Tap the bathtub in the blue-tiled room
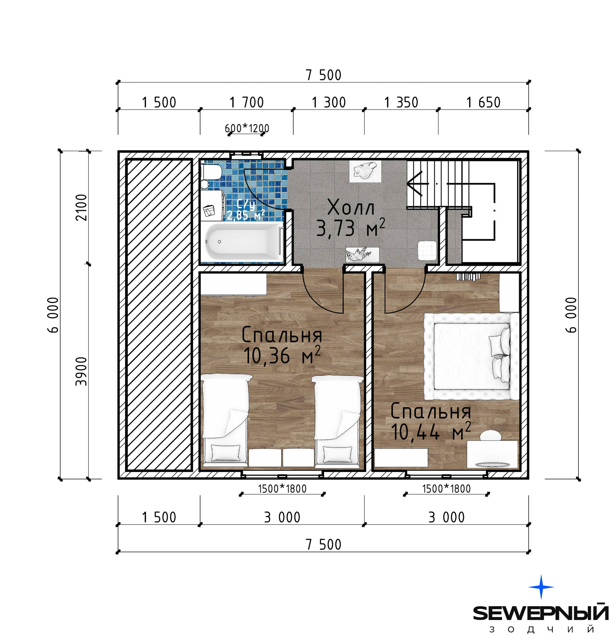point(241,241)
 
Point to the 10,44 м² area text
point(430,431)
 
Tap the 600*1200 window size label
point(247,128)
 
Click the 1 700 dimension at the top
point(247,102)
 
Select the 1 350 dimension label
point(401,102)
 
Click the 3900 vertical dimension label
point(82,372)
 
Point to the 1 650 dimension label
point(483,102)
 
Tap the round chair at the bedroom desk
point(491,435)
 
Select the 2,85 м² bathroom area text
point(246,215)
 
